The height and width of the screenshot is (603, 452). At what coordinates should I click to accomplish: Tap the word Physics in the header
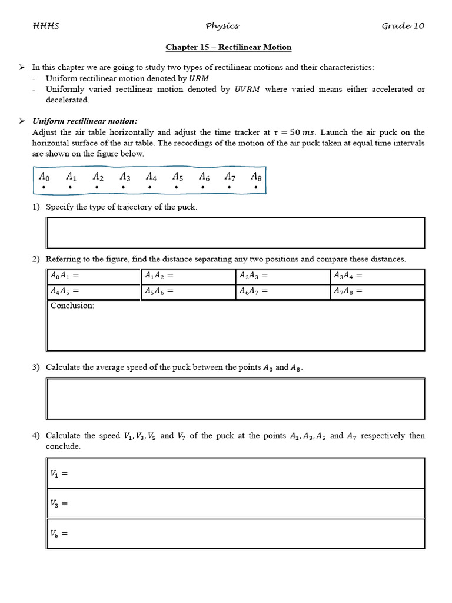tap(222, 26)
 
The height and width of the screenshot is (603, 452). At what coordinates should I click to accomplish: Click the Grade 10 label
tap(403, 26)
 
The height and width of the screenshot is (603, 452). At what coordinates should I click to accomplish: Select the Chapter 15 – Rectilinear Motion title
tap(228, 47)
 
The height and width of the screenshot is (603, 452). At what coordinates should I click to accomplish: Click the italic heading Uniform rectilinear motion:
tap(85, 121)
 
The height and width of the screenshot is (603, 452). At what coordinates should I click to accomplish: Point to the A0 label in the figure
tap(44, 176)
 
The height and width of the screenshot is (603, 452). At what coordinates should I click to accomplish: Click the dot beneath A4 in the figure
tap(150, 188)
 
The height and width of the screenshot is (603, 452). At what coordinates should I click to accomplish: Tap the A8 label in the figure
tap(256, 176)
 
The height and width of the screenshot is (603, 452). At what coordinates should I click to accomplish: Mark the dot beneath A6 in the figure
tap(203, 188)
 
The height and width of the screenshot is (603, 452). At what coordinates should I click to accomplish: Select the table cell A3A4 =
tap(377, 276)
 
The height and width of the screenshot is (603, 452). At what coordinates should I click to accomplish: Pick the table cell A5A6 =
tap(188, 291)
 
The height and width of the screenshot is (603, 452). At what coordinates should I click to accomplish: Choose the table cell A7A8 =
tap(377, 291)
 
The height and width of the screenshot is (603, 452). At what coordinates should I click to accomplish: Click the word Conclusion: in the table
tap(72, 306)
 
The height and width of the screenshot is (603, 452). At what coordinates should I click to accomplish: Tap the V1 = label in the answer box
tap(59, 473)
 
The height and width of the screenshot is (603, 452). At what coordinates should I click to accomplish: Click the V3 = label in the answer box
tap(59, 503)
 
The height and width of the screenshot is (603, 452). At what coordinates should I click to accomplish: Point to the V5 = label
tap(59, 534)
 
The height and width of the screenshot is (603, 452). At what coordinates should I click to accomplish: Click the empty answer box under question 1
tap(235, 233)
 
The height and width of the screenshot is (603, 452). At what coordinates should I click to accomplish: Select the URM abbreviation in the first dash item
tap(200, 78)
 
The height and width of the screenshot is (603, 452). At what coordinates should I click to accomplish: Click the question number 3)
tap(36, 367)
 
